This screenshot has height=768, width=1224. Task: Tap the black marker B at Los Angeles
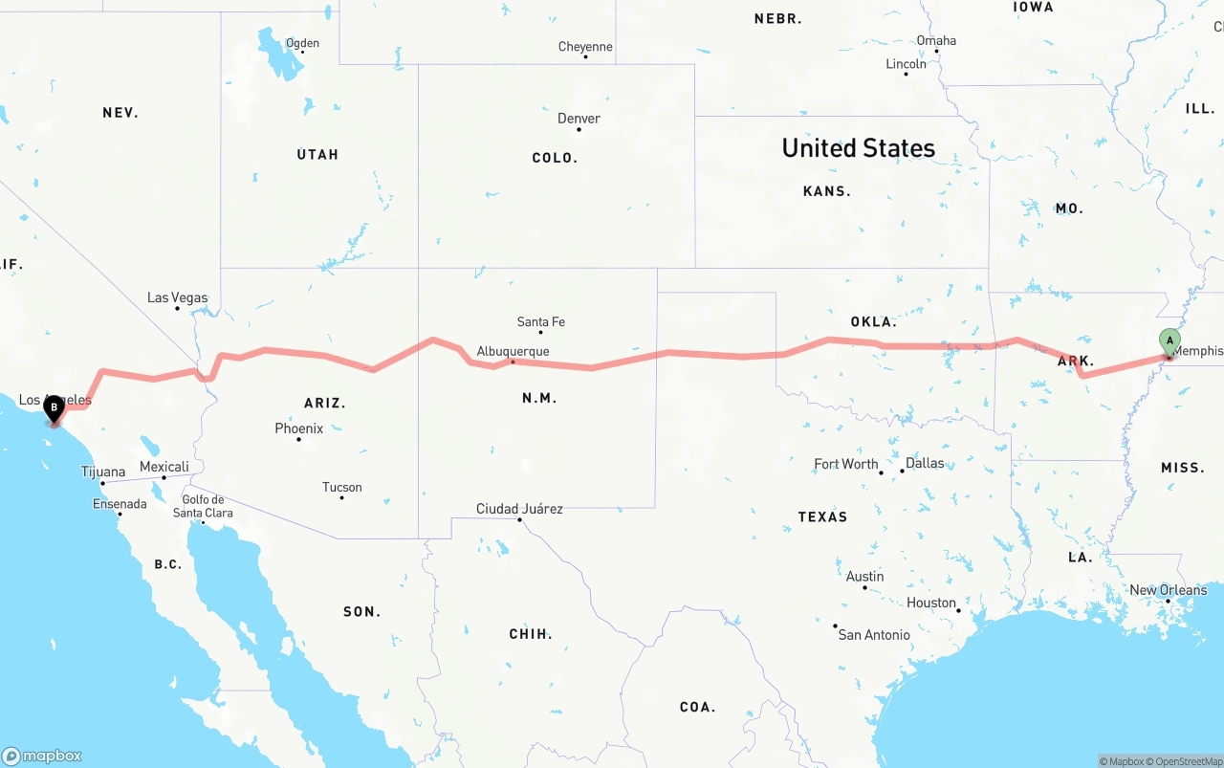click(x=55, y=408)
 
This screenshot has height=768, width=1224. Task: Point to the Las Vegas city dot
click(x=177, y=308)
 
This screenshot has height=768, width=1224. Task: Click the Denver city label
click(x=579, y=119)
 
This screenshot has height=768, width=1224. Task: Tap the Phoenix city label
click(x=298, y=428)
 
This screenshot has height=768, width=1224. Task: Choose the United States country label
click(x=858, y=148)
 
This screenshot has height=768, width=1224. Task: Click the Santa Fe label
click(x=540, y=322)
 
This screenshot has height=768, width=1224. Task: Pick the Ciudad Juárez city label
click(x=519, y=509)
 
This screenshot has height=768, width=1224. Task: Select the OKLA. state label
click(x=873, y=322)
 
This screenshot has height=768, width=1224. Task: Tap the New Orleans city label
click(x=1168, y=590)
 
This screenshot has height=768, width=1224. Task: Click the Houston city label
click(x=931, y=603)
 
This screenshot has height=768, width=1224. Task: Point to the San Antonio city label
click(x=874, y=634)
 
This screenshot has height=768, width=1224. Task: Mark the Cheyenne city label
click(x=585, y=47)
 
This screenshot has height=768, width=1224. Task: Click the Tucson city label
click(x=341, y=488)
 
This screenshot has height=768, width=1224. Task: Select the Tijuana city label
click(x=102, y=472)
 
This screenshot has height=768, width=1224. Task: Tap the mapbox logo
click(x=42, y=756)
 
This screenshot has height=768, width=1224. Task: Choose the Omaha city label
click(x=936, y=40)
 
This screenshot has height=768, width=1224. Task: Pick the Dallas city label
click(x=924, y=463)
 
